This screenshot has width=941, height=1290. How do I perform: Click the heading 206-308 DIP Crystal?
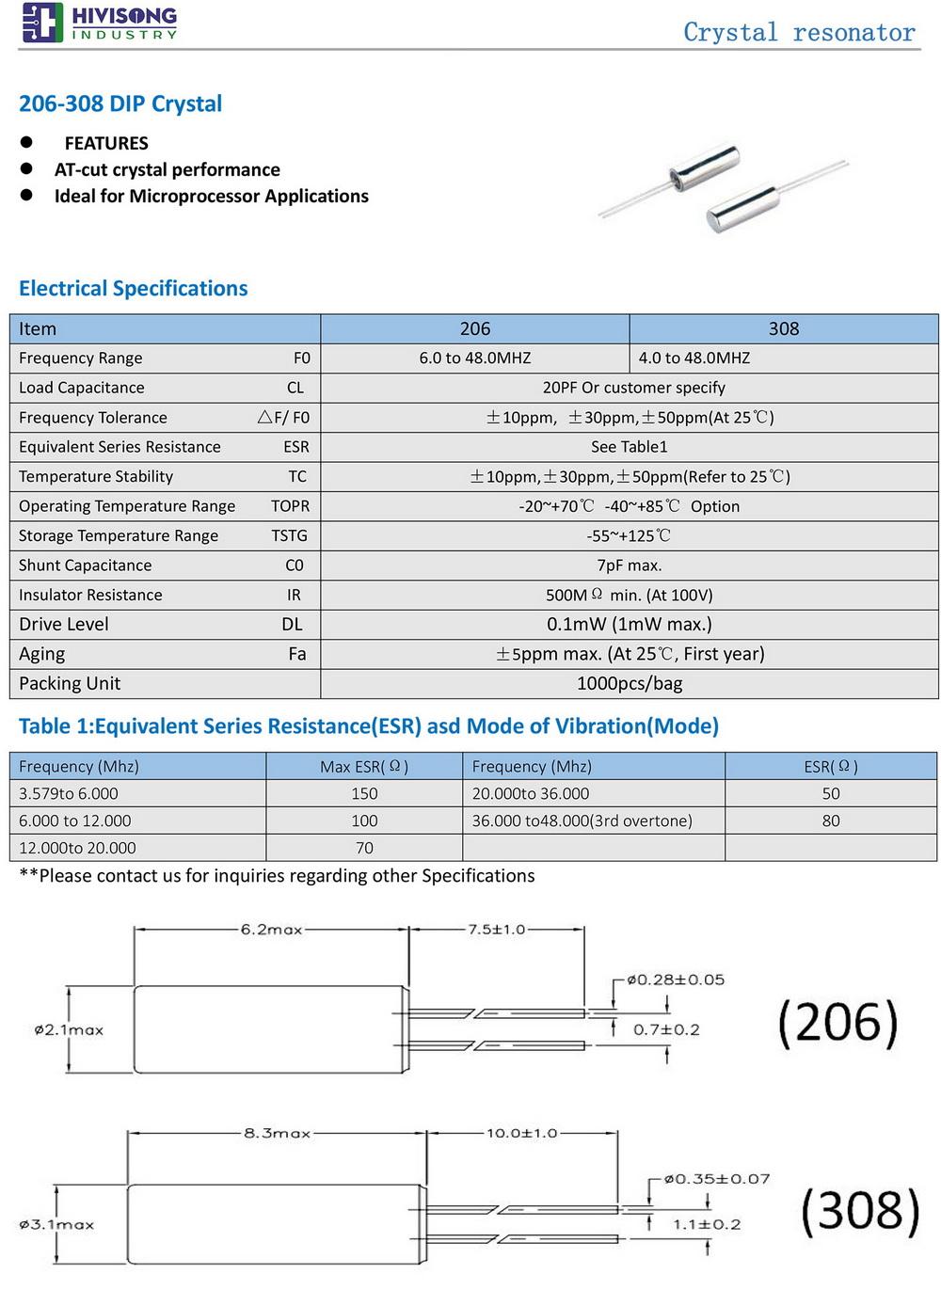point(120,104)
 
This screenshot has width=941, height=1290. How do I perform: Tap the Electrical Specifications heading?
point(133,288)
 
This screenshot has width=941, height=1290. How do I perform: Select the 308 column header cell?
point(783,328)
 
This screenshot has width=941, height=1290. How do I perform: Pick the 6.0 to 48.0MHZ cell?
point(474,358)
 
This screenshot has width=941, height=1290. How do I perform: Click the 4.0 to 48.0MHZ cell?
point(694,358)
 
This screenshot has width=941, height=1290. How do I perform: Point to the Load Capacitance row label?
point(82,388)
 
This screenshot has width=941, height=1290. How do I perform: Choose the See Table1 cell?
point(629,447)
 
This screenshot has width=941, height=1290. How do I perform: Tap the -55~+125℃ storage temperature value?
point(629,535)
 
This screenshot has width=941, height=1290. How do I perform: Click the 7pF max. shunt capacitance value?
point(629,565)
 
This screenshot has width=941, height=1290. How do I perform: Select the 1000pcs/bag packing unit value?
point(629,683)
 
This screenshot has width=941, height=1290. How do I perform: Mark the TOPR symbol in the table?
point(290,506)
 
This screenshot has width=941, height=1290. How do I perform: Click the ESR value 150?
point(364,793)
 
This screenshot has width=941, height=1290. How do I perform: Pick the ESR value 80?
point(830,820)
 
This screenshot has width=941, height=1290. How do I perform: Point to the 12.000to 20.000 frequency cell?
point(77,848)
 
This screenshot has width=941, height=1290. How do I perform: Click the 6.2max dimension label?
point(271,930)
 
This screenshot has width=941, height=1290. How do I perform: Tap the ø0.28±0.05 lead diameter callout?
point(676,979)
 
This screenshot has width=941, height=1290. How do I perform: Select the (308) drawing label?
point(860,1211)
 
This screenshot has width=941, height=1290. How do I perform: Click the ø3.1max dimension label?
point(56,1224)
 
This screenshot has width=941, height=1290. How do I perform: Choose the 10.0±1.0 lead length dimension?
point(521,1133)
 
